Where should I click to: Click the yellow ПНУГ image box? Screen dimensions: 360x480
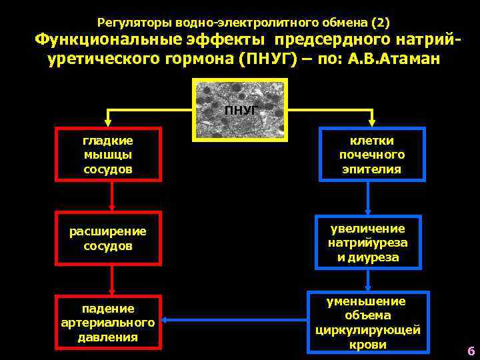pyautogui.click(x=240, y=110)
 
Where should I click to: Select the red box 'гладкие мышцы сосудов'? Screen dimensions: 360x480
pyautogui.click(x=108, y=155)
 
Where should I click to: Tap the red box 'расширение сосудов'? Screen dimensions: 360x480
pyautogui.click(x=108, y=239)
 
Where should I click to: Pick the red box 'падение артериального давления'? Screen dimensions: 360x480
pyautogui.click(x=108, y=323)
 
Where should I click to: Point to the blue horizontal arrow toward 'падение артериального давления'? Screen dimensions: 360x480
pyautogui.click(x=233, y=320)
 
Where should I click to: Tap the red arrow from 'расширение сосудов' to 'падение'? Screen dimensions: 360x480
pyautogui.click(x=111, y=280)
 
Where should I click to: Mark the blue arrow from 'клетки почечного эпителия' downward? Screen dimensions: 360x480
pyautogui.click(x=369, y=198)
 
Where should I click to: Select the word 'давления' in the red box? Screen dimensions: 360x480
pyautogui.click(x=108, y=337)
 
